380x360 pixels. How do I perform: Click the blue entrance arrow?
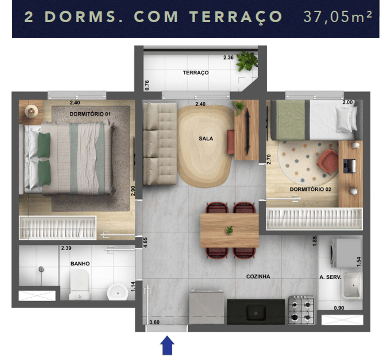[x=167, y=345]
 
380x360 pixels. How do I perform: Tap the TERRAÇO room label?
[x=195, y=72]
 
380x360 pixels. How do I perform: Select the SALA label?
[x=206, y=138]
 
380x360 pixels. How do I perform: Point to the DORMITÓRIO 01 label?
[x=90, y=114]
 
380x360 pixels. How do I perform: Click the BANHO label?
[x=80, y=264]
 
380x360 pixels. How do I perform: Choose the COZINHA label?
[x=258, y=276]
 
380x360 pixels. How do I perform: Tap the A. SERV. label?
[x=330, y=277]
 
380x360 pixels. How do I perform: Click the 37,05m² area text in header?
[x=337, y=17]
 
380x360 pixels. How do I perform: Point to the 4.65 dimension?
[x=145, y=242]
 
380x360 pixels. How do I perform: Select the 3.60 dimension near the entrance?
[x=154, y=322]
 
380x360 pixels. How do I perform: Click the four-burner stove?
[x=301, y=310]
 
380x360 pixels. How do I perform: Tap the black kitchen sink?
[x=256, y=312]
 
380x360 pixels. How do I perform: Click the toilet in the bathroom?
[x=80, y=285]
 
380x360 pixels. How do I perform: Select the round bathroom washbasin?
[x=118, y=292]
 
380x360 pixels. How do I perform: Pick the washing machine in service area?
[x=346, y=253]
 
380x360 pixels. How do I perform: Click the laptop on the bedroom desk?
[x=349, y=166]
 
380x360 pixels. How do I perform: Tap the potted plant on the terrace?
[x=247, y=61]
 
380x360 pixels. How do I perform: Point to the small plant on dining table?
[x=230, y=229]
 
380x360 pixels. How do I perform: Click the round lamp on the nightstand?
[x=31, y=111]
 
